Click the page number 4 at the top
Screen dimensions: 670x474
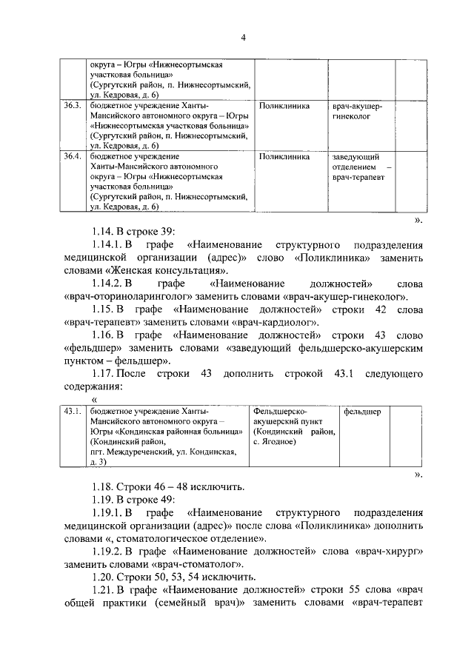tap(242, 38)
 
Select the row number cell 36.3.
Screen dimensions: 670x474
tap(72, 106)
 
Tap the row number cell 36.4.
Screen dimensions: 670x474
tap(72, 157)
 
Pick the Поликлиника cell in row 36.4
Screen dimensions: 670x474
tap(284, 157)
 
